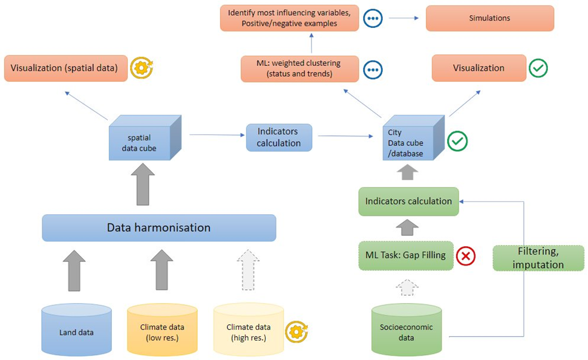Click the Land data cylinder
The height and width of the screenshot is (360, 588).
(76, 330)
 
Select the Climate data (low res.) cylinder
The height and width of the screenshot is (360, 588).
(162, 330)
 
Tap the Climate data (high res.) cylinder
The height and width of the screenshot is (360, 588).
(249, 330)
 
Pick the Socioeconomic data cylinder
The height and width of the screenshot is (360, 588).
(407, 330)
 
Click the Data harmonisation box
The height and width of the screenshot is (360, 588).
(159, 227)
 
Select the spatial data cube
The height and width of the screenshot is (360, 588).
(145, 138)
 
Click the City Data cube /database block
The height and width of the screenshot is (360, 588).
(414, 138)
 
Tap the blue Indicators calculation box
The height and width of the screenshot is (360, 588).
(279, 137)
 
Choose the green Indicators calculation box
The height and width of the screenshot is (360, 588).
(408, 201)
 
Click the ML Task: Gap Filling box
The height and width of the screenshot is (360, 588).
(406, 256)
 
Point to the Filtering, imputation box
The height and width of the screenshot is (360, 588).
(538, 258)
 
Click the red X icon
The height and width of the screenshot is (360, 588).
(466, 256)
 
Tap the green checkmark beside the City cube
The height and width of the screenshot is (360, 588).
(457, 141)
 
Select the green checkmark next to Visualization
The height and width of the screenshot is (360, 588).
(538, 68)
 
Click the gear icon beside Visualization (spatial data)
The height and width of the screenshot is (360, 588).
(142, 68)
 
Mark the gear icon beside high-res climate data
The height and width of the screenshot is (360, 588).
(296, 332)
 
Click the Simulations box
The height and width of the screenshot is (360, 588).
(490, 18)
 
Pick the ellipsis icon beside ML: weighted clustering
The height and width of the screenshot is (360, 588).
(373, 70)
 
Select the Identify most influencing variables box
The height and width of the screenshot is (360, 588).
(290, 18)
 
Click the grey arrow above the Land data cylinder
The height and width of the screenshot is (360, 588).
(74, 270)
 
